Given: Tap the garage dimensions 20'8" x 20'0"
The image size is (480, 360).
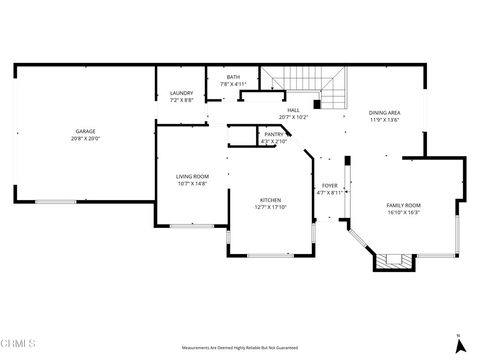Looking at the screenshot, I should coord(85,137).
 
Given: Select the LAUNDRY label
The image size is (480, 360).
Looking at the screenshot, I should coord(181,94).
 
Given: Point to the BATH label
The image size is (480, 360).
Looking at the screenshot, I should coord(233,77).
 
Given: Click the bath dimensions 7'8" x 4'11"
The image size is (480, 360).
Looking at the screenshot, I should coord(233,83).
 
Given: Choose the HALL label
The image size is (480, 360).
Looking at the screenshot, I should coord(293,110).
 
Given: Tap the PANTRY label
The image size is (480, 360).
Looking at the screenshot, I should coord(272,134).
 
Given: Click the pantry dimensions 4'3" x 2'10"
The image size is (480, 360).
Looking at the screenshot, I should coord(272,140).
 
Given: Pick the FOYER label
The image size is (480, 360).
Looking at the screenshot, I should coord(329,185).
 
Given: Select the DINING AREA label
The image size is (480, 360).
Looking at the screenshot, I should coord(385,113).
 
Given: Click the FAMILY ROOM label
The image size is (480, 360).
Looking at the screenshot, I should coord(403,205).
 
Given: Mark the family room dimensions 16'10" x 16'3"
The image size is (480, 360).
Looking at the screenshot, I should coord(403,212).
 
